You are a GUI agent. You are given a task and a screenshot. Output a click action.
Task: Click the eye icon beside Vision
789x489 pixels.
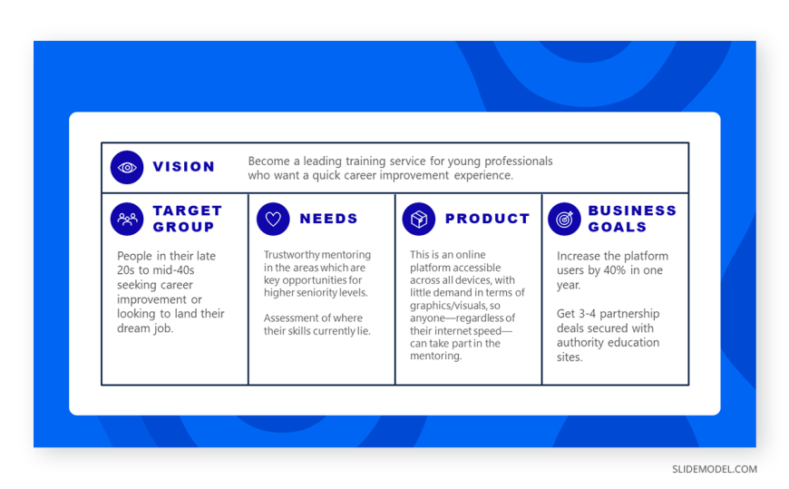point(127,167)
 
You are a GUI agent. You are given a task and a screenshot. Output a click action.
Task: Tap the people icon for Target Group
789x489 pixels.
point(127,219)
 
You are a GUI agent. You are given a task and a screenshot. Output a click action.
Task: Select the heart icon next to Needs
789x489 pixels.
point(273,219)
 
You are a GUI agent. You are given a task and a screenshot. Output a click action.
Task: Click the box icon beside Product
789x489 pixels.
point(419,219)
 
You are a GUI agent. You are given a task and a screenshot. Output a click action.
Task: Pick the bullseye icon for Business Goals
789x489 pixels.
point(565,219)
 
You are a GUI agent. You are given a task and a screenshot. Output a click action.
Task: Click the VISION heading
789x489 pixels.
point(184,167)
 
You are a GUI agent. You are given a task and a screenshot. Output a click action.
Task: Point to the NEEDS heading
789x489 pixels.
point(328,219)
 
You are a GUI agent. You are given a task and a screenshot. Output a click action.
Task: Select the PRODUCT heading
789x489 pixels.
point(488,219)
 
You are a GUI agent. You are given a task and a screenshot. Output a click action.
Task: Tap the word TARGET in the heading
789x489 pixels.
point(187,210)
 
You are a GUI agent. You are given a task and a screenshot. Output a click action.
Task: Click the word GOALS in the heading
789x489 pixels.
point(618,227)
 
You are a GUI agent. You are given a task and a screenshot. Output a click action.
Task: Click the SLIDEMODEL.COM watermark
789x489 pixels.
point(715,469)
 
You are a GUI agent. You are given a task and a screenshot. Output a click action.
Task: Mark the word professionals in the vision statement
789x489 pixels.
point(518,161)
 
